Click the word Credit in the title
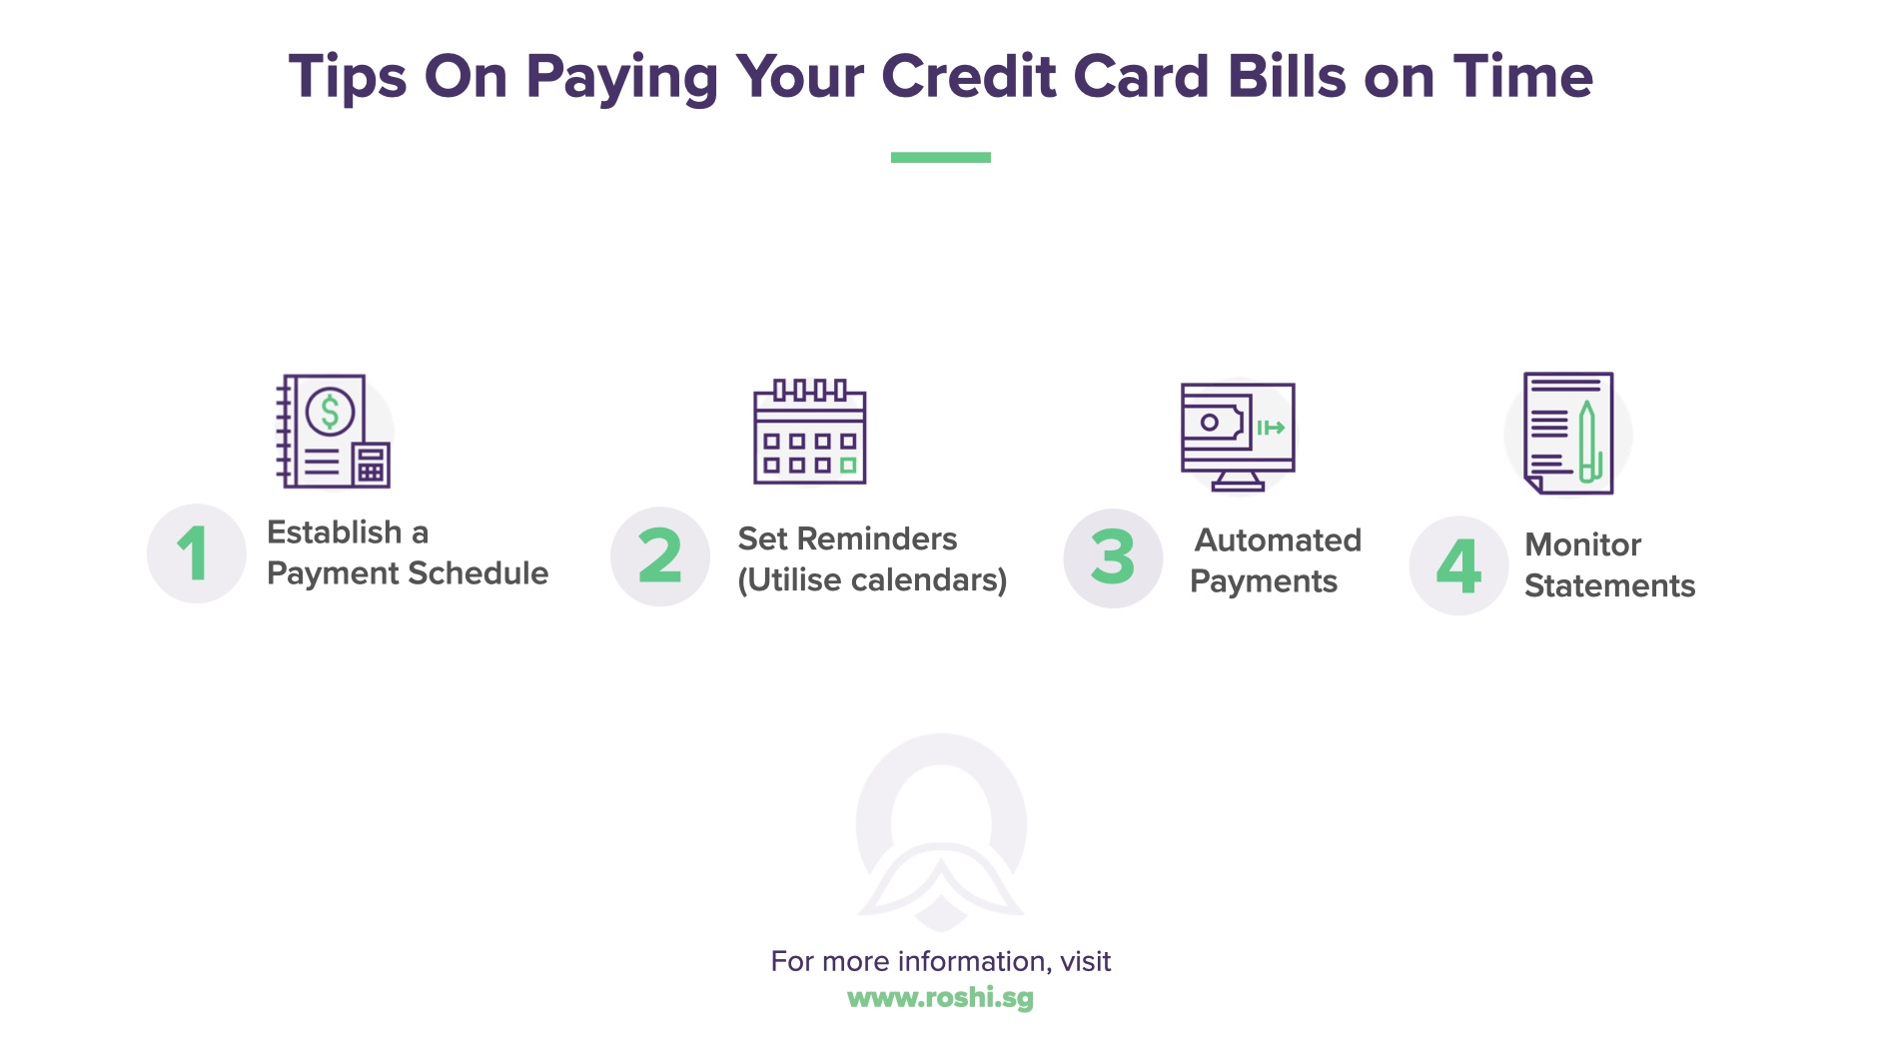968,77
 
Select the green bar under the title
940,157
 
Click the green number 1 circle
196,553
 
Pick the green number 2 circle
660,556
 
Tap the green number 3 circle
1113,557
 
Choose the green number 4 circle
1458,565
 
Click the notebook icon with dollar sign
332,432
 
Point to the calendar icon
809,433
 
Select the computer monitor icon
1238,436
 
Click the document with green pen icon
1567,433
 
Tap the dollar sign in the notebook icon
330,412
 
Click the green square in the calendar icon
848,465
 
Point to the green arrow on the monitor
1271,428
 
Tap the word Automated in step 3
1278,540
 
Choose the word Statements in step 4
1609,585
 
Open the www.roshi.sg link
940,998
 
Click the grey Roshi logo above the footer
940,829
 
